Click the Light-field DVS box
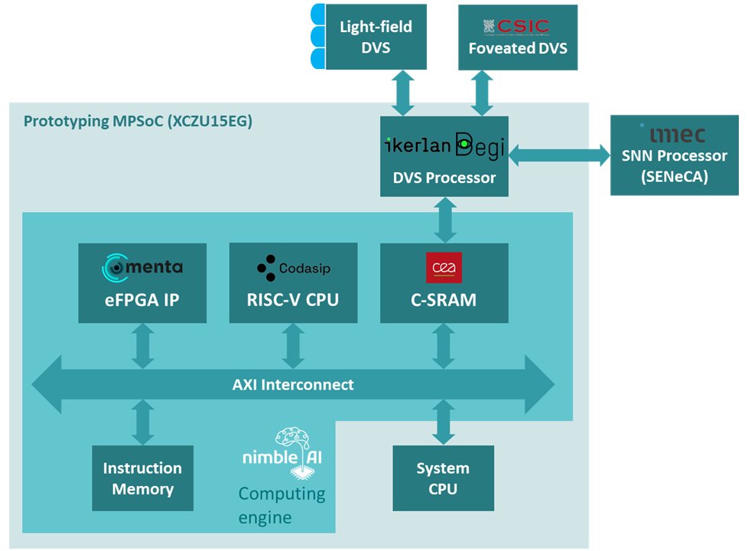point(376,37)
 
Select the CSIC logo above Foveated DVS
point(515,26)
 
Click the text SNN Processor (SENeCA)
point(674,165)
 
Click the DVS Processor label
point(444,178)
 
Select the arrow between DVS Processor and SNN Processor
point(559,155)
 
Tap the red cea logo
point(444,268)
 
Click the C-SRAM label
point(444,300)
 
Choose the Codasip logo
point(294,269)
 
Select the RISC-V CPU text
point(293,300)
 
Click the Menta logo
point(142,268)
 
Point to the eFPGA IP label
point(142,300)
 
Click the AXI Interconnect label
point(293,384)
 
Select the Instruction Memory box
point(143,478)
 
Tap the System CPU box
point(443,478)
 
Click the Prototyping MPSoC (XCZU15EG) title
point(138,122)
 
